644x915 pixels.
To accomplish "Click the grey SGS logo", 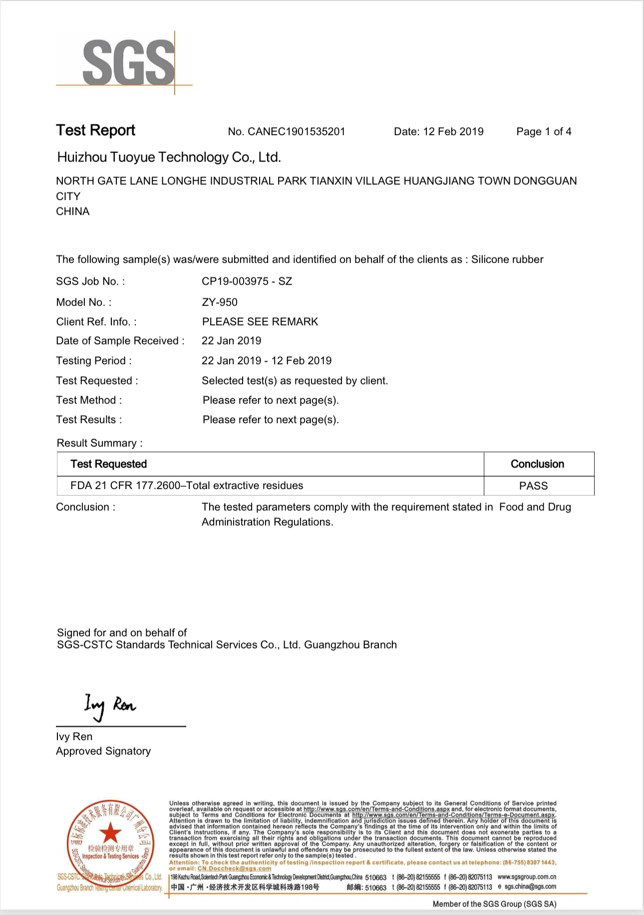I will click(128, 62).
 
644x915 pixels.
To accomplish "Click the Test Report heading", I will click(95, 130).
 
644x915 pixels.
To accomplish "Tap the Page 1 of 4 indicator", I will click(544, 132).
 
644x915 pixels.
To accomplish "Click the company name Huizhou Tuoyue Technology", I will click(169, 158).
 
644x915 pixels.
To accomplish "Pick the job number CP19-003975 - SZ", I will click(247, 282).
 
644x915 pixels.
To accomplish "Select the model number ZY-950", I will click(220, 303).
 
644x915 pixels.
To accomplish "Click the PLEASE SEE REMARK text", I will click(260, 322).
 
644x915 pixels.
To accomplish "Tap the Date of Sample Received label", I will click(120, 341).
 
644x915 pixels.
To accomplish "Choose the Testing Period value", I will click(267, 361).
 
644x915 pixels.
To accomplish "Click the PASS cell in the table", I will click(533, 486).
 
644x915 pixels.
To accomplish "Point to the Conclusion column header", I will click(537, 464).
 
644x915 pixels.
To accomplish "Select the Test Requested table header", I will click(108, 464).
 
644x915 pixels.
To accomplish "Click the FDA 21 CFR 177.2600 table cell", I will click(187, 486).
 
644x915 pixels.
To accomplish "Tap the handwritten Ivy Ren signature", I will click(109, 705).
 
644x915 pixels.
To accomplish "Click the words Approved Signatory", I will click(103, 751).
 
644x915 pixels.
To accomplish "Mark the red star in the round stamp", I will click(110, 833).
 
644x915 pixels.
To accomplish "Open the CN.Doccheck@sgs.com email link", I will click(234, 869).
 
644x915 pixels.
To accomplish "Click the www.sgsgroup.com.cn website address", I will click(527, 877).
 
